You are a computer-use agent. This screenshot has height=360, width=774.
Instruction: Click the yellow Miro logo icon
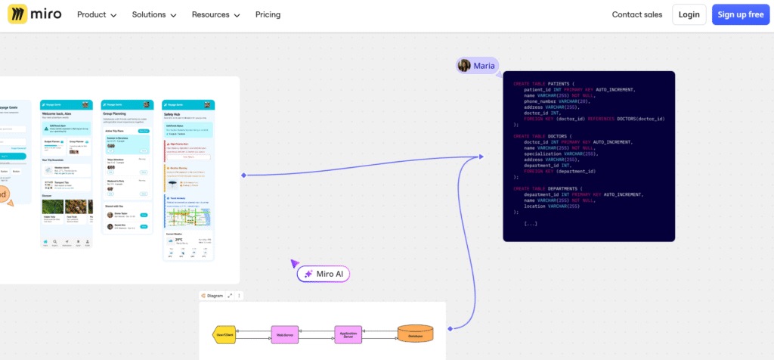(18, 14)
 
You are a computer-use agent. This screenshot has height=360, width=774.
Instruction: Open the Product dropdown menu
(97, 14)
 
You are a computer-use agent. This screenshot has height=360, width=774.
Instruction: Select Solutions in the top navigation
(153, 14)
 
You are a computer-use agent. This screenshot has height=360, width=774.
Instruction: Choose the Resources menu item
(215, 14)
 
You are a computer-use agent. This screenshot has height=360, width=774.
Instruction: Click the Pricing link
(268, 14)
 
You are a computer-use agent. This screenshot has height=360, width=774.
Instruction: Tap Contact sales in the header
(636, 14)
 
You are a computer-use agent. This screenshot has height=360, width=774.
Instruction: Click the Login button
(689, 14)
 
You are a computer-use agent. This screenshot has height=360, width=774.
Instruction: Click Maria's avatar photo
(464, 66)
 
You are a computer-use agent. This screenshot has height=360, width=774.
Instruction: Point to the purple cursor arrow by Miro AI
(295, 263)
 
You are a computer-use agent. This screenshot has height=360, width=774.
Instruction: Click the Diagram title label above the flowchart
(215, 296)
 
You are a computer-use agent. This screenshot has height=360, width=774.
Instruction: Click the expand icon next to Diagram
(230, 296)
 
